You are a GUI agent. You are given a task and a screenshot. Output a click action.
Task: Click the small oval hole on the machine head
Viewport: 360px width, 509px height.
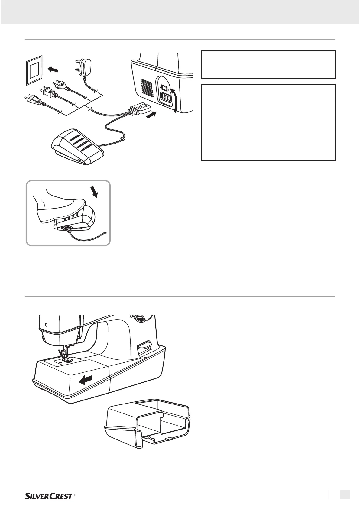tap(46, 325)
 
